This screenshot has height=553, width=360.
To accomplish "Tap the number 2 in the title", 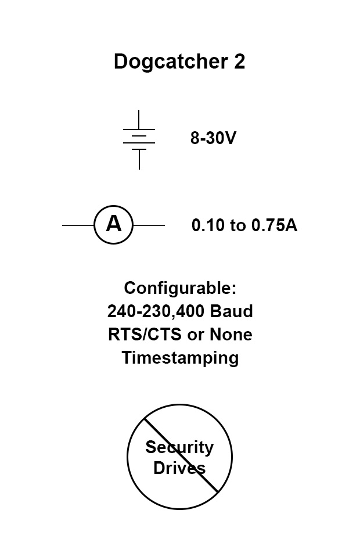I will [239, 61].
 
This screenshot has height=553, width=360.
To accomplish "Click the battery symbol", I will [139, 139].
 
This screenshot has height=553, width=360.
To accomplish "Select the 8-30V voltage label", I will [213, 139].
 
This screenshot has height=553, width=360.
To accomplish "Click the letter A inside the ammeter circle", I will [114, 224].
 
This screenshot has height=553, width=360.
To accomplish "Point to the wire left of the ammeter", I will [78, 225].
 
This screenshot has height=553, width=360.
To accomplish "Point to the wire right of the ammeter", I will [149, 225].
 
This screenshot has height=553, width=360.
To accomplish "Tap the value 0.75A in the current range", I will [274, 225].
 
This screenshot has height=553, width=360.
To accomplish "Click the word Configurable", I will [180, 288].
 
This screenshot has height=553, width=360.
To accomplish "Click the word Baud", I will [232, 311].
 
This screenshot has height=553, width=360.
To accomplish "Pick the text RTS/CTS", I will [139, 335].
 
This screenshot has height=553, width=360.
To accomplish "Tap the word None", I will [231, 335].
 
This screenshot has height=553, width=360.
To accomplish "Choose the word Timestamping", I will [180, 358].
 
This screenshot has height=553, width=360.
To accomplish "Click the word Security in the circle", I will [179, 447].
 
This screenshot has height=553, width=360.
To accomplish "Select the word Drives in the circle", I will [179, 468].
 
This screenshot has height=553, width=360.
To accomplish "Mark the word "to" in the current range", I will [238, 225].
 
